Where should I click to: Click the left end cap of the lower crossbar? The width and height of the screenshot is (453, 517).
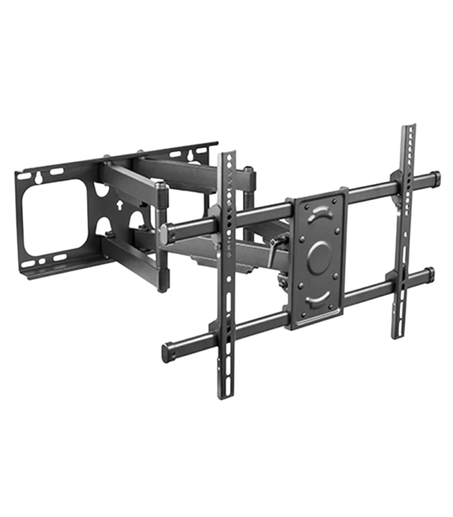coord(166,351)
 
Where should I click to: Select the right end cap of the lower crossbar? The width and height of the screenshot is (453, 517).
coord(430,273)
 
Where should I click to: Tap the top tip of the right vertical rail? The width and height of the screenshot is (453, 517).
coord(408,124)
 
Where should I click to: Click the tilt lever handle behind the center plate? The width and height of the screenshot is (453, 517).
coord(275,246)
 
